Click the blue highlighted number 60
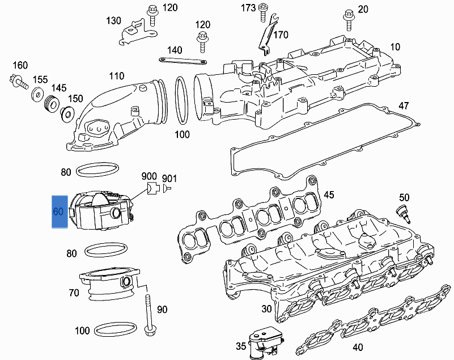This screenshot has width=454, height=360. pos(57,212)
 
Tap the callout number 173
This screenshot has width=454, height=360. pos(248,7)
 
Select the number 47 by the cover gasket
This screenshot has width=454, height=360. pos(404,106)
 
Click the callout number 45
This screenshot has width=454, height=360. pos(329,196)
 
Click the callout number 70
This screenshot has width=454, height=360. pos(74,293)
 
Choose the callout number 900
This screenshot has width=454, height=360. pos(149,176)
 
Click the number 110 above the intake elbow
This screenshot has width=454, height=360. pos(116,76)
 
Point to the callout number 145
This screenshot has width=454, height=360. pos(59,88)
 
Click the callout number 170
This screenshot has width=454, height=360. pos(281,35)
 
